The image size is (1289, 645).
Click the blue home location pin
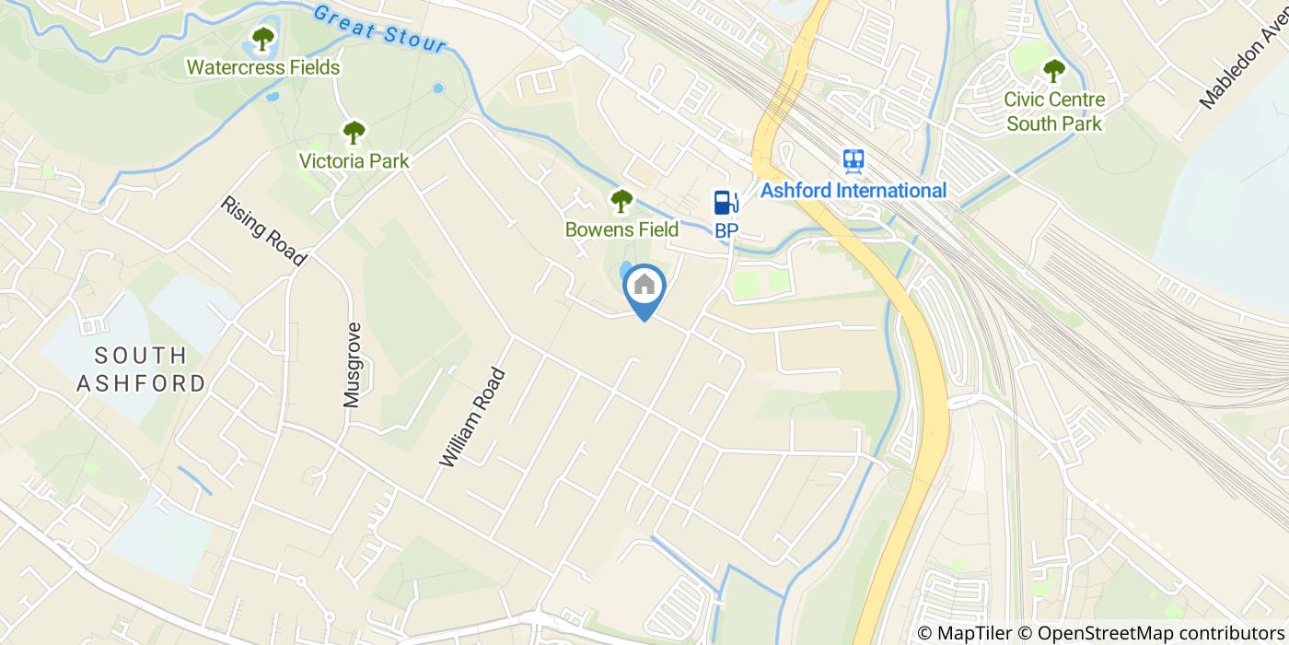pyautogui.click(x=644, y=287)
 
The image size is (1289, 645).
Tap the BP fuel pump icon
pyautogui.click(x=726, y=203)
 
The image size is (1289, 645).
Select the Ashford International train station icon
pyautogui.click(x=854, y=161)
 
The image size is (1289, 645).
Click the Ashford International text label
pyautogui.click(x=854, y=191)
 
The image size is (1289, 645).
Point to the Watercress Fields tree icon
pyautogui.click(x=263, y=40)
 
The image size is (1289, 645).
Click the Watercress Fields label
pyautogui.click(x=263, y=68)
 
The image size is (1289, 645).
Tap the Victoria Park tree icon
pyautogui.click(x=354, y=133)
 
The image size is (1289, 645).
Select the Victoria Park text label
pyautogui.click(x=354, y=161)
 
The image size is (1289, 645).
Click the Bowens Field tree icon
pyautogui.click(x=622, y=200)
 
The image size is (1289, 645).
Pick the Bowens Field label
pyautogui.click(x=622, y=229)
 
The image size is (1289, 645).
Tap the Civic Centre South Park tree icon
pyautogui.click(x=1053, y=70)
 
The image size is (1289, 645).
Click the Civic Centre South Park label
pyautogui.click(x=1053, y=111)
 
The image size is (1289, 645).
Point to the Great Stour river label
pyautogui.click(x=379, y=29)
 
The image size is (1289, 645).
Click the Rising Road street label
pyautogui.click(x=263, y=230)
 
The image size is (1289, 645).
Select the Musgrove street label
pyautogui.click(x=354, y=365)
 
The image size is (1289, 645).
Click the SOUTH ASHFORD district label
pyautogui.click(x=142, y=369)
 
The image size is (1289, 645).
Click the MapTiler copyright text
pyautogui.click(x=966, y=633)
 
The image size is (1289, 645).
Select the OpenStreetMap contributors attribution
pyautogui.click(x=1154, y=633)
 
